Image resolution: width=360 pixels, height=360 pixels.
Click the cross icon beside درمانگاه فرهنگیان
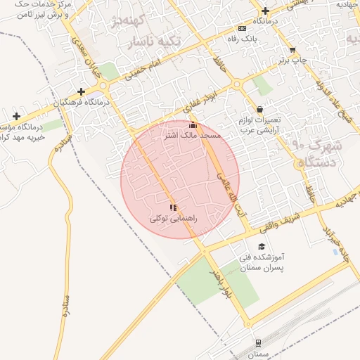[x=82, y=91]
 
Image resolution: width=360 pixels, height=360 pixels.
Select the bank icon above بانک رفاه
[x=243, y=29]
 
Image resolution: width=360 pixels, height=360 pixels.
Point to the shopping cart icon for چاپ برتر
[x=292, y=50]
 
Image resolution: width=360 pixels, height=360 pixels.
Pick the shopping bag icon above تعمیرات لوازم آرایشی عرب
[x=260, y=110]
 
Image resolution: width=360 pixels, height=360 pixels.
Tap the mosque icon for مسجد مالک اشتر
[x=193, y=125]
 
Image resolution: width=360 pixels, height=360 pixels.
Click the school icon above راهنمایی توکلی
[x=173, y=207]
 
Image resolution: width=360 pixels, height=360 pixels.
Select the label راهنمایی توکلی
[x=174, y=219]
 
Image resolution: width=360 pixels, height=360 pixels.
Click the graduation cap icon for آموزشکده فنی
[x=262, y=247]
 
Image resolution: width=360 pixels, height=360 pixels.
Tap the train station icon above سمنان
[x=258, y=342]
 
